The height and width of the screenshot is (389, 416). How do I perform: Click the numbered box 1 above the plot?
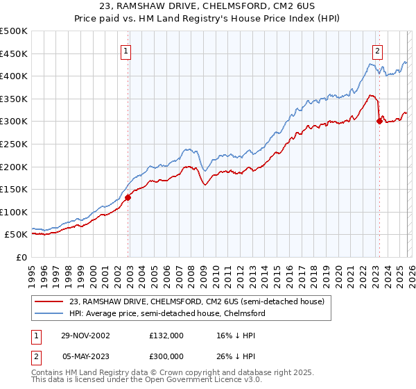tap(126, 51)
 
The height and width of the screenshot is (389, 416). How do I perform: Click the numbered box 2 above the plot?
tap(377, 51)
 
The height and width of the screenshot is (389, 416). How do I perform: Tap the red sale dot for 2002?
tap(128, 197)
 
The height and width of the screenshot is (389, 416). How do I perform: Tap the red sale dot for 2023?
tap(379, 122)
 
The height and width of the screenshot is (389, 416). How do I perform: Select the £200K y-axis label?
tap(14, 167)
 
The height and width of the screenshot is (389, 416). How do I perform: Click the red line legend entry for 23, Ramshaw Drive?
tap(194, 301)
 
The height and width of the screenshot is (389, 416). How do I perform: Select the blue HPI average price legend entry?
tap(167, 314)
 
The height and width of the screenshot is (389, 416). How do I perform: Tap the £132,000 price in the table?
tap(166, 335)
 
